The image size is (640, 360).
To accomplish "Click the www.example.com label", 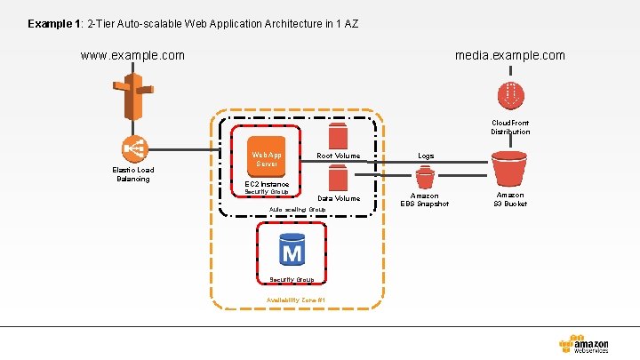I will (x=132, y=55).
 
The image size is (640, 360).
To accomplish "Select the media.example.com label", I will (x=509, y=55).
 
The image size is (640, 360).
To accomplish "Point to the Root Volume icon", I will (x=338, y=135).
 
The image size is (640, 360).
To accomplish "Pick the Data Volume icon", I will (x=338, y=178).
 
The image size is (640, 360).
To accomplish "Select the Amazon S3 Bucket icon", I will (x=509, y=168).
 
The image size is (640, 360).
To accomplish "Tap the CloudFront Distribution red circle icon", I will (x=510, y=93).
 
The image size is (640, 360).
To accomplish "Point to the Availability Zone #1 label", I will (x=296, y=300).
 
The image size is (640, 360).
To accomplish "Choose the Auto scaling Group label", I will (x=297, y=210).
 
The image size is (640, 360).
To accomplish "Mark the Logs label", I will (x=426, y=156).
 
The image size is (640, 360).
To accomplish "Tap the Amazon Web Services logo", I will (x=584, y=345).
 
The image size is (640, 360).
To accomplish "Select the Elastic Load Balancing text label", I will (x=132, y=174).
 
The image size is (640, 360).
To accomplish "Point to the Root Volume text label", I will (x=339, y=156).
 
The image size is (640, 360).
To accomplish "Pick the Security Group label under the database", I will (x=291, y=279).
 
